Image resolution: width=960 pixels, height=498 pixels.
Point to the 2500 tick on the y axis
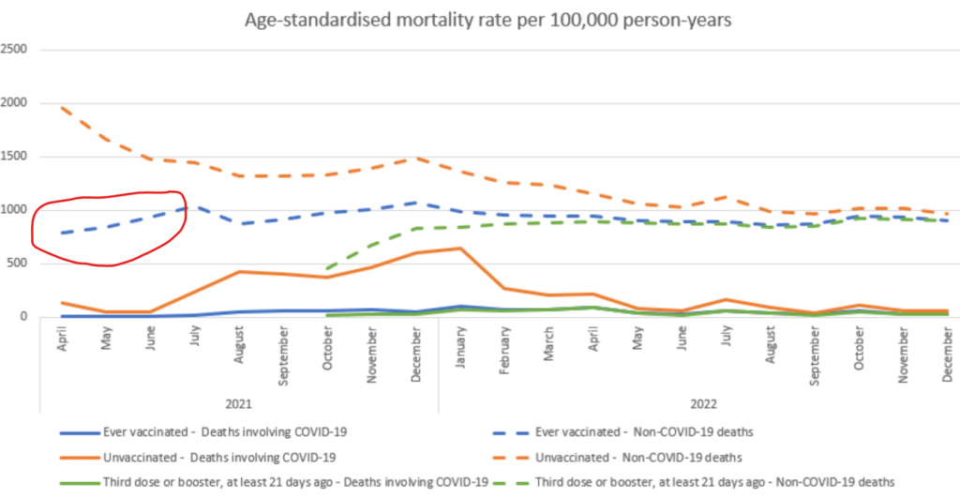[x=16, y=50]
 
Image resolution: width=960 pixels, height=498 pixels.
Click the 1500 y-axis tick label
[x=16, y=157]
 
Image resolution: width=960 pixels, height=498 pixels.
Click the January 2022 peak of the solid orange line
[x=459, y=249]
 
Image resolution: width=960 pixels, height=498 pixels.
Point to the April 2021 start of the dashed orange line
[x=61, y=107]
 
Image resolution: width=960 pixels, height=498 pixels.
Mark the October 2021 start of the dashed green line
[x=326, y=270]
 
